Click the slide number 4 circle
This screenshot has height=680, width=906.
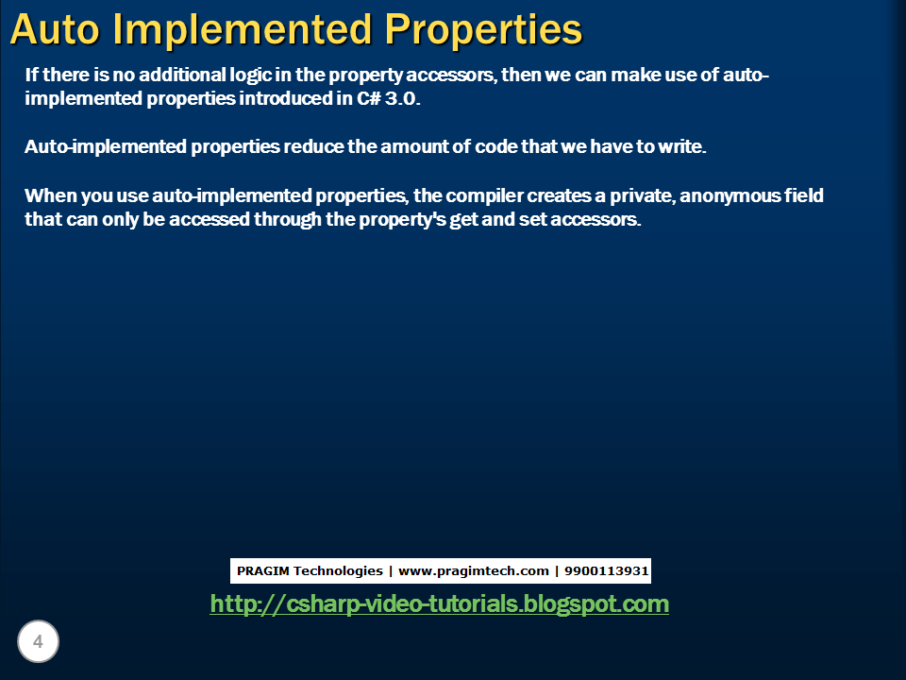tap(38, 642)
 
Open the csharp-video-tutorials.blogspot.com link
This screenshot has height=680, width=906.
tap(439, 603)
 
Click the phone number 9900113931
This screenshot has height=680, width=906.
tap(606, 570)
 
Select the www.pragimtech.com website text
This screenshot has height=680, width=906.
tap(474, 570)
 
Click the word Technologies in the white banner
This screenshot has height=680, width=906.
tap(337, 570)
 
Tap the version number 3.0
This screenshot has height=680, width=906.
tap(399, 99)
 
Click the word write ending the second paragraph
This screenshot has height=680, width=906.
tap(684, 147)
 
